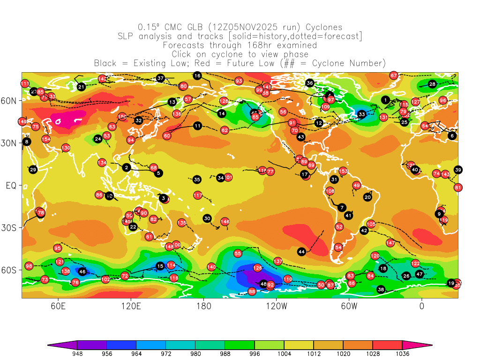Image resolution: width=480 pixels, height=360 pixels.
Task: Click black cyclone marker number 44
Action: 302,252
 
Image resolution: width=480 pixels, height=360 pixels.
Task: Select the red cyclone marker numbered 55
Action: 238,254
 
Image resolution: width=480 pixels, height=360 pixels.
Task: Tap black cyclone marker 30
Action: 207,218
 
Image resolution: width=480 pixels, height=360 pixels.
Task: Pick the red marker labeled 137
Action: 278,261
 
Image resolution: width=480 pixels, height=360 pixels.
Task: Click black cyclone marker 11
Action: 197,126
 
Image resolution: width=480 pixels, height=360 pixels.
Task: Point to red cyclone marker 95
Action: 58,248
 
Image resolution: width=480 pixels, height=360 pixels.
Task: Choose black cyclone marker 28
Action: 432,84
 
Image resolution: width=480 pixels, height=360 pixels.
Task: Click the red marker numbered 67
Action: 394,75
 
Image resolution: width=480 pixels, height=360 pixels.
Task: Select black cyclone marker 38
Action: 381,289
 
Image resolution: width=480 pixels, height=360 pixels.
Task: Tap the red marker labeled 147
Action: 390,243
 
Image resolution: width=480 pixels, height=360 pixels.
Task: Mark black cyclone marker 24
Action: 98,139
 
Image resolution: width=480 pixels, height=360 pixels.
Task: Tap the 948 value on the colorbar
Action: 77,354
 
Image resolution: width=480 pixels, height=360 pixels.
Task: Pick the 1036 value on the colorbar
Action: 402,354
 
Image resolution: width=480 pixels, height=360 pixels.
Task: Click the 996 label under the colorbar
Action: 255,354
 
